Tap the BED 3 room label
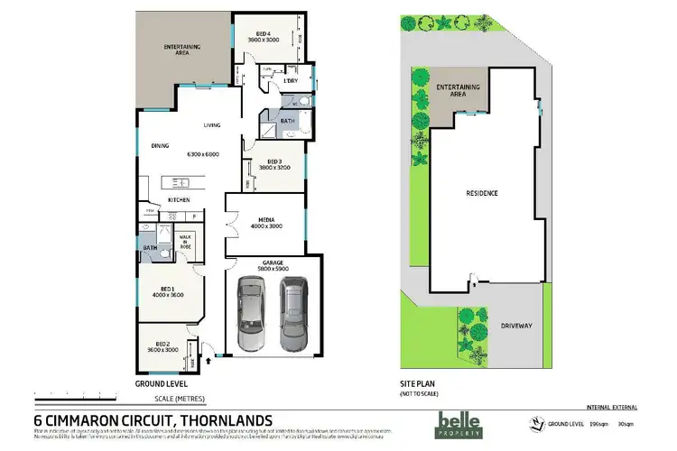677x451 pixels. (274, 164)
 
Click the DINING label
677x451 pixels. (160, 145)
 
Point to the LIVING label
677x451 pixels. (212, 125)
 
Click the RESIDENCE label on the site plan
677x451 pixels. (482, 193)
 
